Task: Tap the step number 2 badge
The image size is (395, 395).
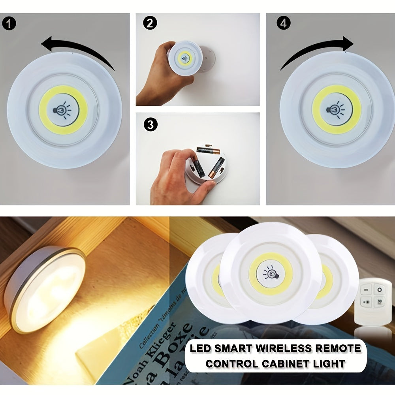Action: coord(149,24)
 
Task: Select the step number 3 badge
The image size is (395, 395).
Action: coord(149,125)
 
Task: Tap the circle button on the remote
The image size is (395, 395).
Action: coord(379,290)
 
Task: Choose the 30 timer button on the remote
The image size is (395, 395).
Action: coord(379,303)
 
